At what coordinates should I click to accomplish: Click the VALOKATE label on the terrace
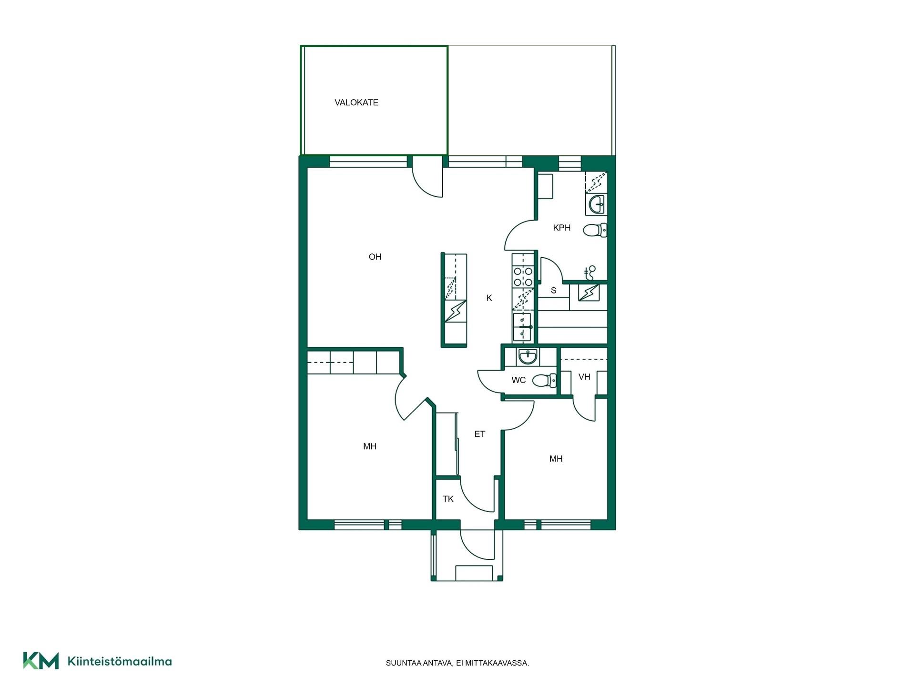(356, 102)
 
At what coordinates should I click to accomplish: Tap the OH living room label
(375, 257)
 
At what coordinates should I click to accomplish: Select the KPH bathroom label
(562, 228)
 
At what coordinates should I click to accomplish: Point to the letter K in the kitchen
(489, 298)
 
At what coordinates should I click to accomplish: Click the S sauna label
(553, 291)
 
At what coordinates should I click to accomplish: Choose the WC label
(518, 380)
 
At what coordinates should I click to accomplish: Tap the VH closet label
(584, 377)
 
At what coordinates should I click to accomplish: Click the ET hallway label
(480, 434)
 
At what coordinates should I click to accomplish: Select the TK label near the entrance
(448, 499)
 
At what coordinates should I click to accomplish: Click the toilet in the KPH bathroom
(595, 230)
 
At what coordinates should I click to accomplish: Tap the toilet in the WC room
(544, 380)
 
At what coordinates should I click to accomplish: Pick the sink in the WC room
(528, 357)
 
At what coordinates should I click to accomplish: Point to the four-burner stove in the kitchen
(523, 277)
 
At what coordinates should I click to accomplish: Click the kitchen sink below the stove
(523, 327)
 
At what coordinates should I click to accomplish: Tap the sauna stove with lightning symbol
(589, 293)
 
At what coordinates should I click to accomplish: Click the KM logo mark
(41, 661)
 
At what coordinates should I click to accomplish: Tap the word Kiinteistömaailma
(120, 661)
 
